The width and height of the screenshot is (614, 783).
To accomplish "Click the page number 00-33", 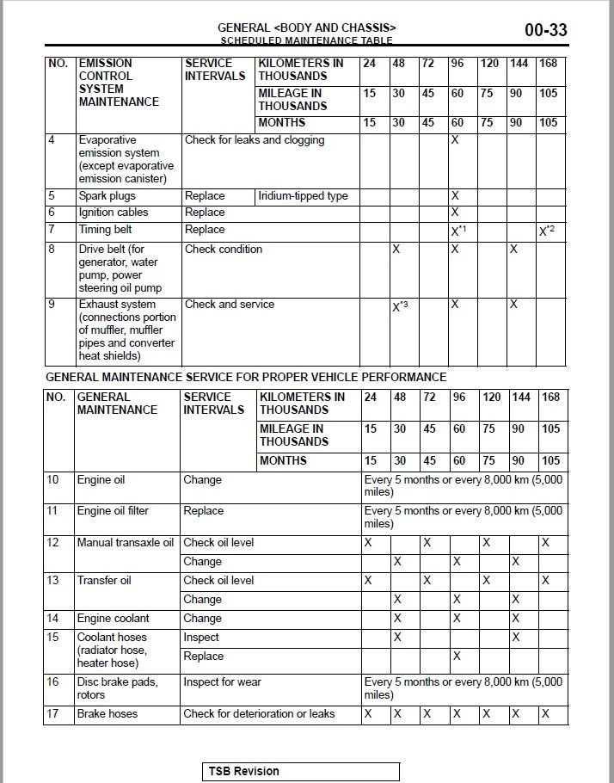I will [545, 31].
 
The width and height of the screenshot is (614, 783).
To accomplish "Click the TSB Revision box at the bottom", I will [302, 771].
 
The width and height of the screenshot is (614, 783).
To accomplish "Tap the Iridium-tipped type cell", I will [303, 196].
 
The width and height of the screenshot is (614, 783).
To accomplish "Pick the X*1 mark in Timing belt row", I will [458, 231].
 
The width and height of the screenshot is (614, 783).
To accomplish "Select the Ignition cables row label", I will [114, 213].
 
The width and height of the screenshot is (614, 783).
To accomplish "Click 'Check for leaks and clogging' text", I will [255, 140].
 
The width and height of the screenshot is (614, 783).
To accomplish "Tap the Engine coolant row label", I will [113, 618].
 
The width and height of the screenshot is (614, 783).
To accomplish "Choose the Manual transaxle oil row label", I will [125, 543].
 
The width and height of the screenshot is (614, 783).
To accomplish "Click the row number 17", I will [53, 713].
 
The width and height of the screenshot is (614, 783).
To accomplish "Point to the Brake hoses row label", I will [107, 713].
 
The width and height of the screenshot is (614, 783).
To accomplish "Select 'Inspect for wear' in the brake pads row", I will [222, 682].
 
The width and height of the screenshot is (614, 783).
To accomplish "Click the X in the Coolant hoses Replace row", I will [457, 657].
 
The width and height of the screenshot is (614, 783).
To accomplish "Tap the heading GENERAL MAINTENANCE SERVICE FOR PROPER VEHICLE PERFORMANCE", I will [246, 377].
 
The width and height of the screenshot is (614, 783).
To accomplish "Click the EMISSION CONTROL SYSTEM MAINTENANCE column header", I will [119, 83].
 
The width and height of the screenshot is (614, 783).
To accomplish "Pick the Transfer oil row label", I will [104, 581].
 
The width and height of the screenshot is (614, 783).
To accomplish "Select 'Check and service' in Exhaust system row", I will [229, 305].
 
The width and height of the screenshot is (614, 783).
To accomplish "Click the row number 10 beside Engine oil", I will [53, 480].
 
